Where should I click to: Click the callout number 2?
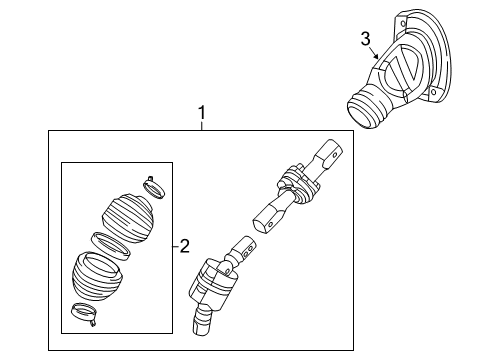pos(184,246)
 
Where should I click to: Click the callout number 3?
pos(366,39)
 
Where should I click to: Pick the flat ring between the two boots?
pos(108,243)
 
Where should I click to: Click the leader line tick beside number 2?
pos(175,246)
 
